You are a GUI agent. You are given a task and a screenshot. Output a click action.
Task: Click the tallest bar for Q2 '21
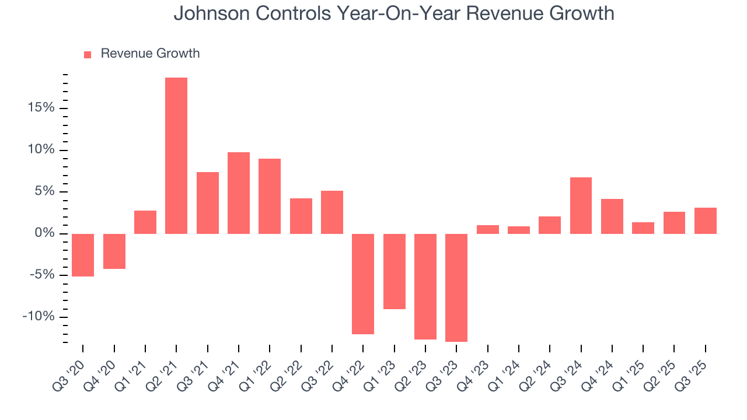[176, 156]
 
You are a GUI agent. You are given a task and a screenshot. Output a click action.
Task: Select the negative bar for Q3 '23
[456, 288]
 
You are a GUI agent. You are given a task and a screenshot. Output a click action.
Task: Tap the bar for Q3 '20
[83, 255]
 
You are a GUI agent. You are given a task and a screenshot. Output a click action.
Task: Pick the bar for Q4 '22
[363, 284]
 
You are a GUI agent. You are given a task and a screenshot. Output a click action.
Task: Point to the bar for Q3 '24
[581, 205]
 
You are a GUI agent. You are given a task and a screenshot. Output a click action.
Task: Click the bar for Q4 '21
[239, 193]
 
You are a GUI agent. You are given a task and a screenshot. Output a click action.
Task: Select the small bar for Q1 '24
[519, 230]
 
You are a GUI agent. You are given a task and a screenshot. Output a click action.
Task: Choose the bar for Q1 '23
[394, 271]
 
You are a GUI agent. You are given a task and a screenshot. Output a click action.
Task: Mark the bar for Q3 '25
[705, 220]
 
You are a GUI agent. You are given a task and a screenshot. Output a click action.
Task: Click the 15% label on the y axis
[40, 108]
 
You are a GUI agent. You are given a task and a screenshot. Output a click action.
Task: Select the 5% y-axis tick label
[43, 192]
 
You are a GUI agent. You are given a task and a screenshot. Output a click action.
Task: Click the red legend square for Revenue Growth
[88, 54]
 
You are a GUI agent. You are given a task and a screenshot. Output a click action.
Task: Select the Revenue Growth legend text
[150, 54]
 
